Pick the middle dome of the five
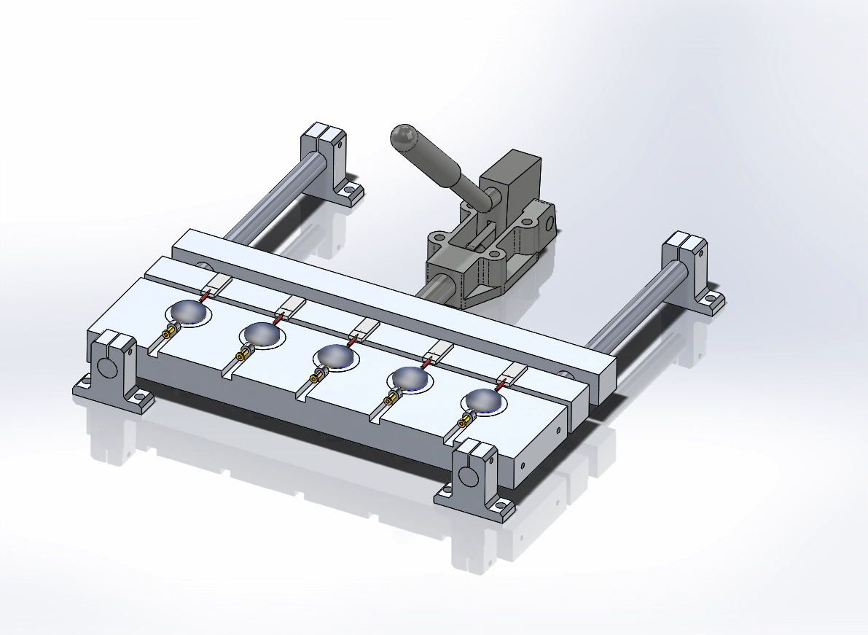click(x=335, y=356)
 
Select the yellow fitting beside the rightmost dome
click(x=464, y=421)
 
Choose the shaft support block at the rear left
click(x=325, y=154)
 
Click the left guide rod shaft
click(x=270, y=204)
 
